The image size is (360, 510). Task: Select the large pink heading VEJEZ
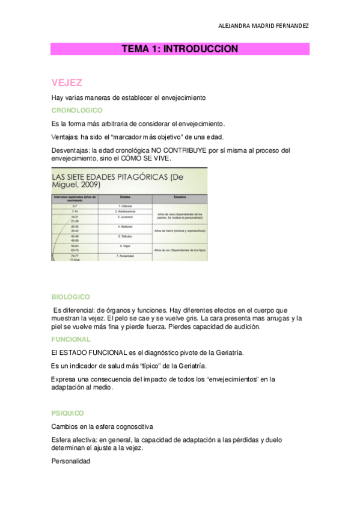pyautogui.click(x=67, y=82)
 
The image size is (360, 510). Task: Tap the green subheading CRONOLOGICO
pyautogui.click(x=77, y=111)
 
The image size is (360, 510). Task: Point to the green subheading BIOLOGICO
pyautogui.click(x=71, y=297)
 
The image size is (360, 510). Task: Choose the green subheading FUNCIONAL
pyautogui.click(x=72, y=339)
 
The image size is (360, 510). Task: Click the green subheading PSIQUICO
pyautogui.click(x=68, y=413)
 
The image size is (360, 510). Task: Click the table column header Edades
pyautogui.click(x=126, y=197)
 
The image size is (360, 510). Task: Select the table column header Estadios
pyautogui.click(x=180, y=197)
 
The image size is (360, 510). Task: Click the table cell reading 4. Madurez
pyautogui.click(x=125, y=227)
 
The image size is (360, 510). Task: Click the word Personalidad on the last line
pyautogui.click(x=71, y=461)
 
